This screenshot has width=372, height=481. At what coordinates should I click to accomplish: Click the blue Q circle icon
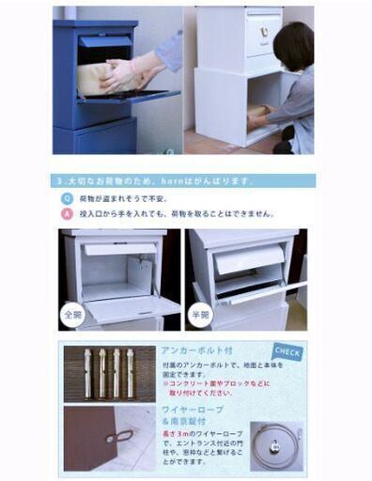click(67, 198)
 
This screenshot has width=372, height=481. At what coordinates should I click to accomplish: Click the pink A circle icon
click(67, 214)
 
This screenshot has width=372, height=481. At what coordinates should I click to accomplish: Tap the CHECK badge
click(287, 353)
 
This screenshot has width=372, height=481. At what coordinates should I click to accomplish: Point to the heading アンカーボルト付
click(193, 350)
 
